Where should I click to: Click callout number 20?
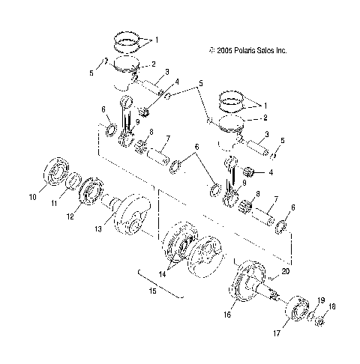pos(284,272)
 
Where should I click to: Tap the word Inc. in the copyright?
pos(279,51)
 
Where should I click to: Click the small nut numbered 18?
pos(319,324)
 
